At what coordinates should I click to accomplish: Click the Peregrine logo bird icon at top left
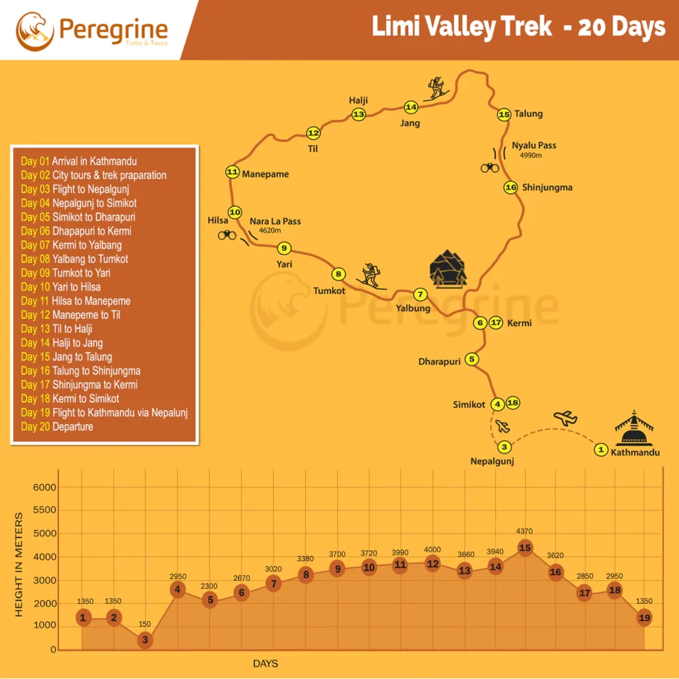coord(34,30)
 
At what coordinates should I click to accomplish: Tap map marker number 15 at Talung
coord(505,114)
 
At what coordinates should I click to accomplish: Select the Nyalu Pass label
coord(534,146)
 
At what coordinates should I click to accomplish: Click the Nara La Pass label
coord(275,221)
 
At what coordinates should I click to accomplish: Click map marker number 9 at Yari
coord(283,248)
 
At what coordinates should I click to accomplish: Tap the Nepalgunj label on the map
coord(492,461)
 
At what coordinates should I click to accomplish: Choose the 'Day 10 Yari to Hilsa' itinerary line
coord(61,287)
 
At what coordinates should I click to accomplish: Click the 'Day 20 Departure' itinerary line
coord(57,427)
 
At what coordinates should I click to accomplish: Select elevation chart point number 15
coord(525,548)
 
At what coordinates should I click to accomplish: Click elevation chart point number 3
coord(145,639)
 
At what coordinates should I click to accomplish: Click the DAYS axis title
coord(265,664)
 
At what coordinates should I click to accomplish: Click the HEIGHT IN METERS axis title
coord(19,564)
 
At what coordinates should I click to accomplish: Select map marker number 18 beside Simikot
coord(513,403)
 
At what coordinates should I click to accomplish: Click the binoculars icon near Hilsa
coord(227,235)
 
